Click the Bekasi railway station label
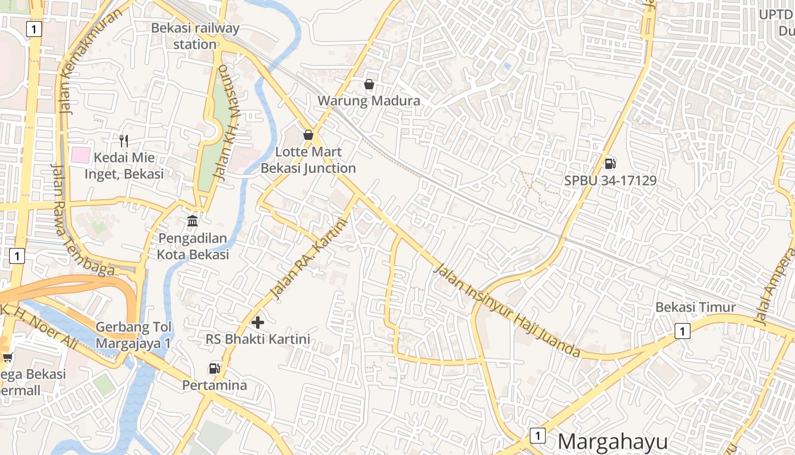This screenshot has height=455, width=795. tap(195, 36)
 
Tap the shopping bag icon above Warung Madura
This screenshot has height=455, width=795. tap(369, 85)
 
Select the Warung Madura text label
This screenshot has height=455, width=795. tap(369, 101)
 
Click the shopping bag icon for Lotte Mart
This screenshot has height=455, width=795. tap(308, 135)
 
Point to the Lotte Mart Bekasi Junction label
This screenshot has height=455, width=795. tap(308, 160)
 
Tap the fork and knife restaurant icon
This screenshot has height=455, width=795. tap(124, 140)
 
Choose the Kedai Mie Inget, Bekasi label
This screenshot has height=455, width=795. tap(124, 166)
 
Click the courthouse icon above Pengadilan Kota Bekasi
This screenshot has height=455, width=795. tap(193, 221)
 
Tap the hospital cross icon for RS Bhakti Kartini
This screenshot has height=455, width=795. tap(258, 322)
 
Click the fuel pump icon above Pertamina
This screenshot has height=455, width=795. tap(214, 369)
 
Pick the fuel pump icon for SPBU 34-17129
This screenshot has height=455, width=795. tap(610, 164)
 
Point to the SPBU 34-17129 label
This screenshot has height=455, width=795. tap(610, 181)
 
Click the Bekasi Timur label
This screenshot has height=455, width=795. tap(696, 307)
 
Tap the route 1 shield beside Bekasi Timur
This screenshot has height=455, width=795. tap(682, 330)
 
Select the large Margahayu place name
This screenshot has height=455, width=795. tap(613, 441)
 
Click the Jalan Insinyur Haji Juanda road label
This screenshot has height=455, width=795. tap(507, 311)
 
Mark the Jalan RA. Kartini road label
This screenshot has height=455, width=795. tap(308, 259)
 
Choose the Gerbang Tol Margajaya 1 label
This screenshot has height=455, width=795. tap(133, 335)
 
